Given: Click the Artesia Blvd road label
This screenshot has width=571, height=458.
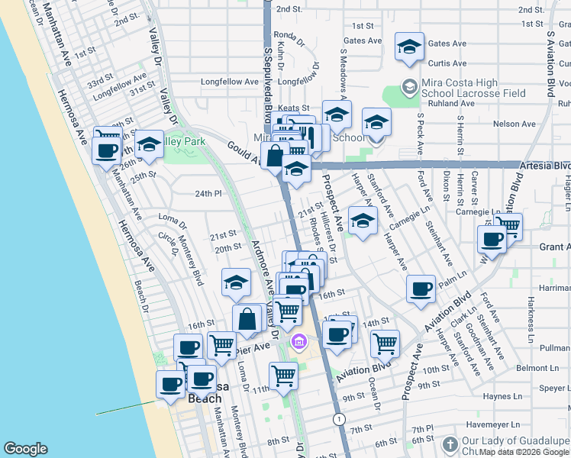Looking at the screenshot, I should coord(544,165).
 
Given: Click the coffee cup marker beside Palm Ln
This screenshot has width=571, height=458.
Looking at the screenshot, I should coord(421,290).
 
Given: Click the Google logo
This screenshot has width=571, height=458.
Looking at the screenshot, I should coord(25,449).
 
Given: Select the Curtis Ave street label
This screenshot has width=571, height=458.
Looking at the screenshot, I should coord(447,63).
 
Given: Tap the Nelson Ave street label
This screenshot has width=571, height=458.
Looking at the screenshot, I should coord(514,123).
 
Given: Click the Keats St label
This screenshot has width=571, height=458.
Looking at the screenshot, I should coord(293,109).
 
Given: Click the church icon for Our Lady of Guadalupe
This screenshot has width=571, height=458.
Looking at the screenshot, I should coord(450,445).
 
